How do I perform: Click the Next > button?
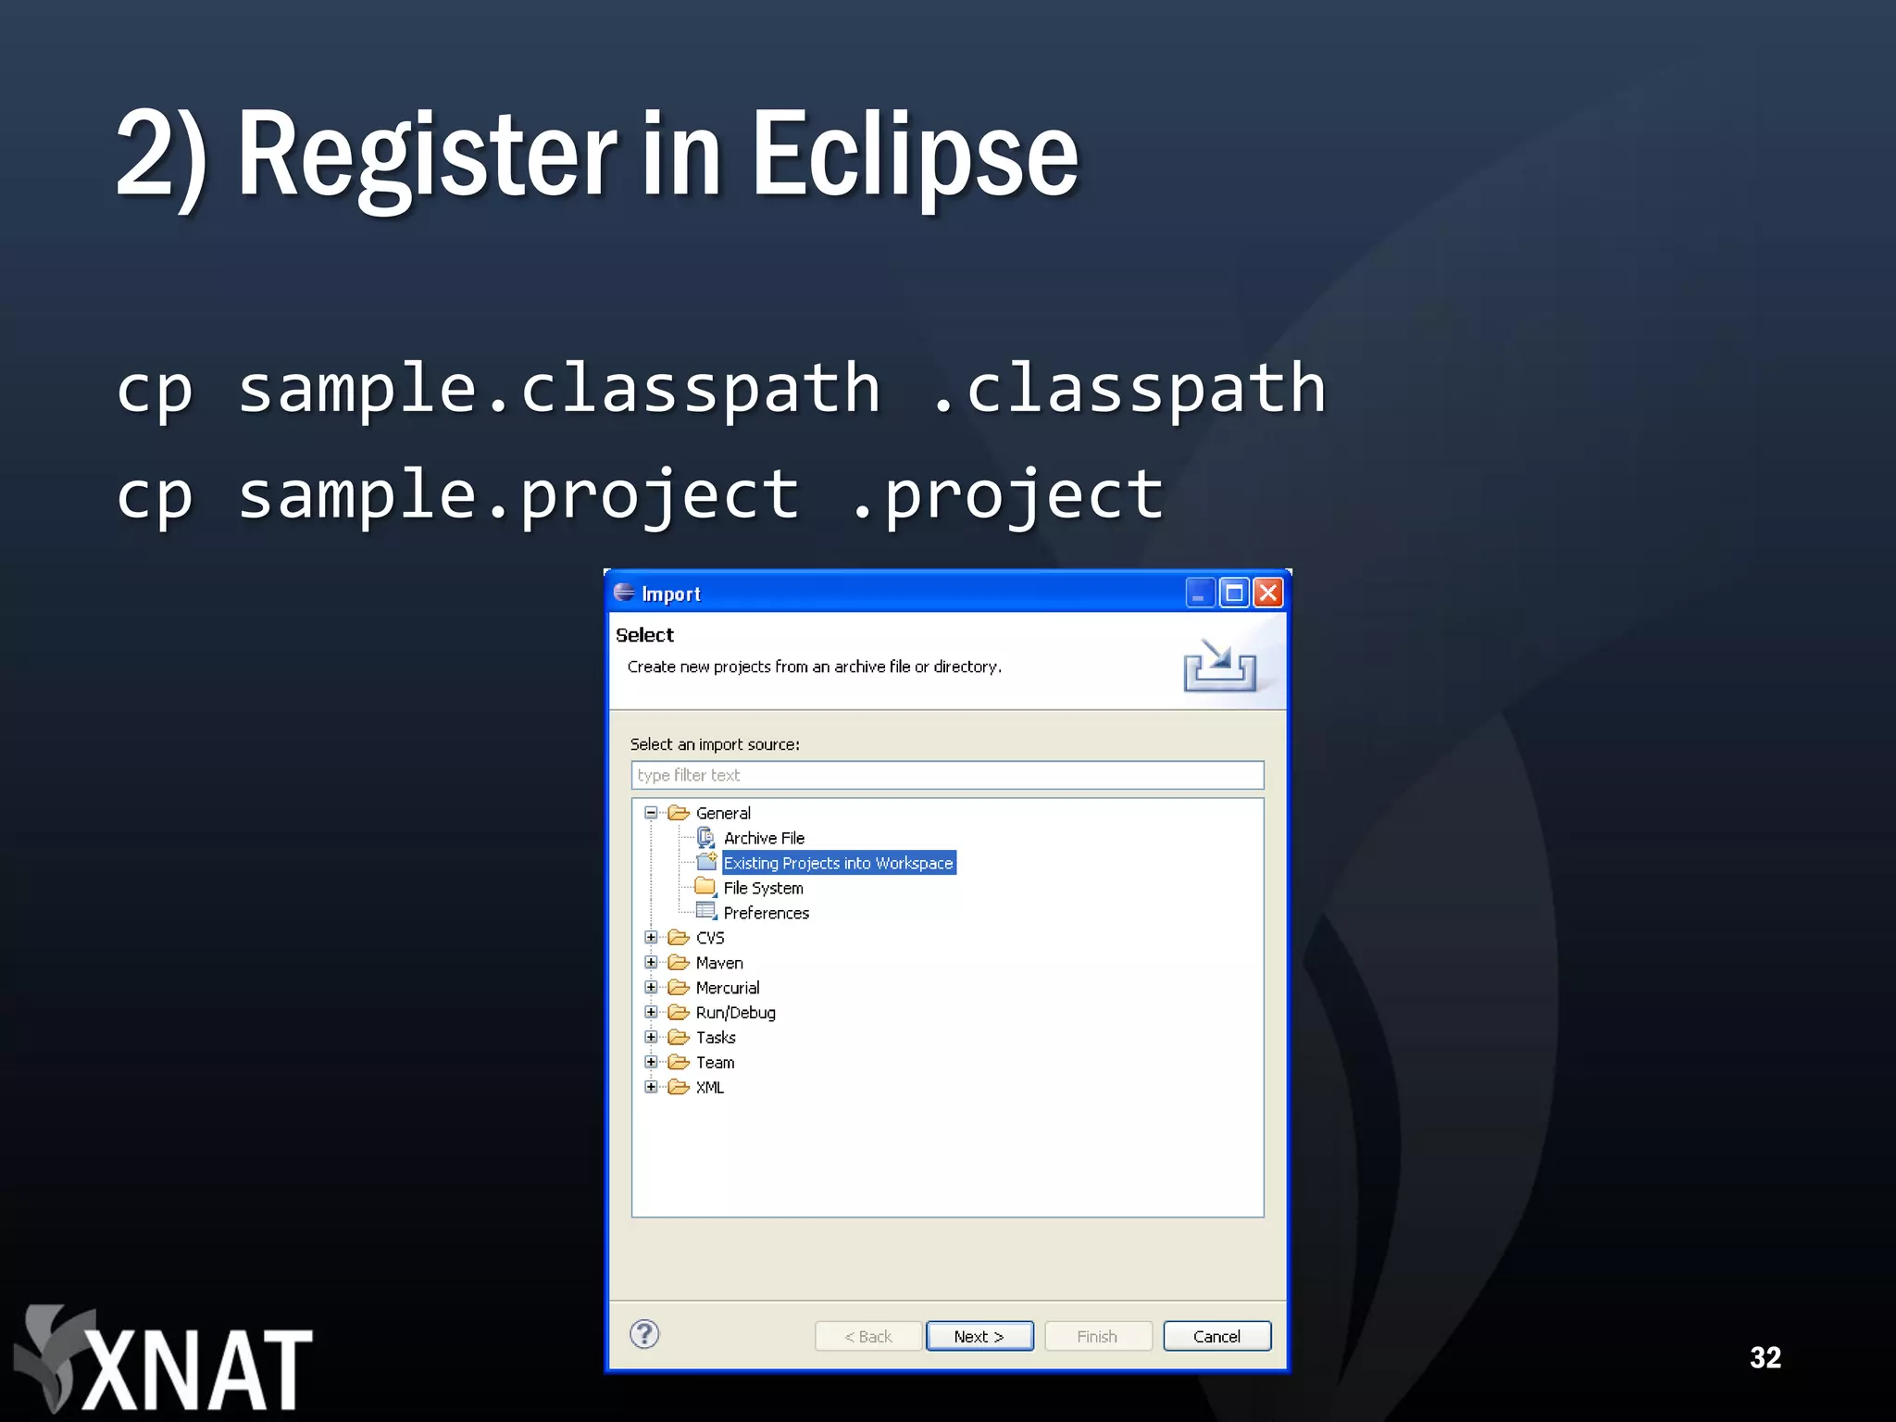click(x=979, y=1336)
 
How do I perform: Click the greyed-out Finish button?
click(x=1097, y=1336)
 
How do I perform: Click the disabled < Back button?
click(x=867, y=1336)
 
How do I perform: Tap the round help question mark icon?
click(x=644, y=1334)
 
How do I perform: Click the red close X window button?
click(x=1268, y=592)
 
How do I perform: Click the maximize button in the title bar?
click(x=1234, y=592)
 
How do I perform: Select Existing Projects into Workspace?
click(x=838, y=863)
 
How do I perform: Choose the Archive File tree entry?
click(x=764, y=838)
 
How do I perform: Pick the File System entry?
click(x=763, y=888)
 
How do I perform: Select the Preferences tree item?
click(x=766, y=913)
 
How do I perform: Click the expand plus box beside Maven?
click(x=652, y=963)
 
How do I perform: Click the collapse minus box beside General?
click(x=652, y=813)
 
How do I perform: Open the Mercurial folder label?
click(x=727, y=988)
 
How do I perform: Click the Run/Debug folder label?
click(x=735, y=1013)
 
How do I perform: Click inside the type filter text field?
click(x=947, y=775)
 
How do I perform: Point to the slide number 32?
click(x=1765, y=1357)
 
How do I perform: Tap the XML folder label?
click(x=709, y=1088)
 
